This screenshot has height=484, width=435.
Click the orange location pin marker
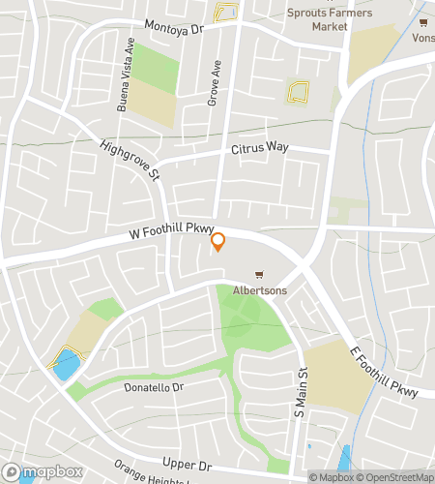218,241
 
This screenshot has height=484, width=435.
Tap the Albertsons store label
257,290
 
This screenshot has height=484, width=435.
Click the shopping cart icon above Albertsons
258,275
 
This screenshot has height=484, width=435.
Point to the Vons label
422,38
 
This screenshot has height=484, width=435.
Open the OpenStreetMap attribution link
396,476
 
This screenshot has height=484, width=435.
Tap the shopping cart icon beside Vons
423,21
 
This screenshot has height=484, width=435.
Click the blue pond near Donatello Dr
66,365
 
